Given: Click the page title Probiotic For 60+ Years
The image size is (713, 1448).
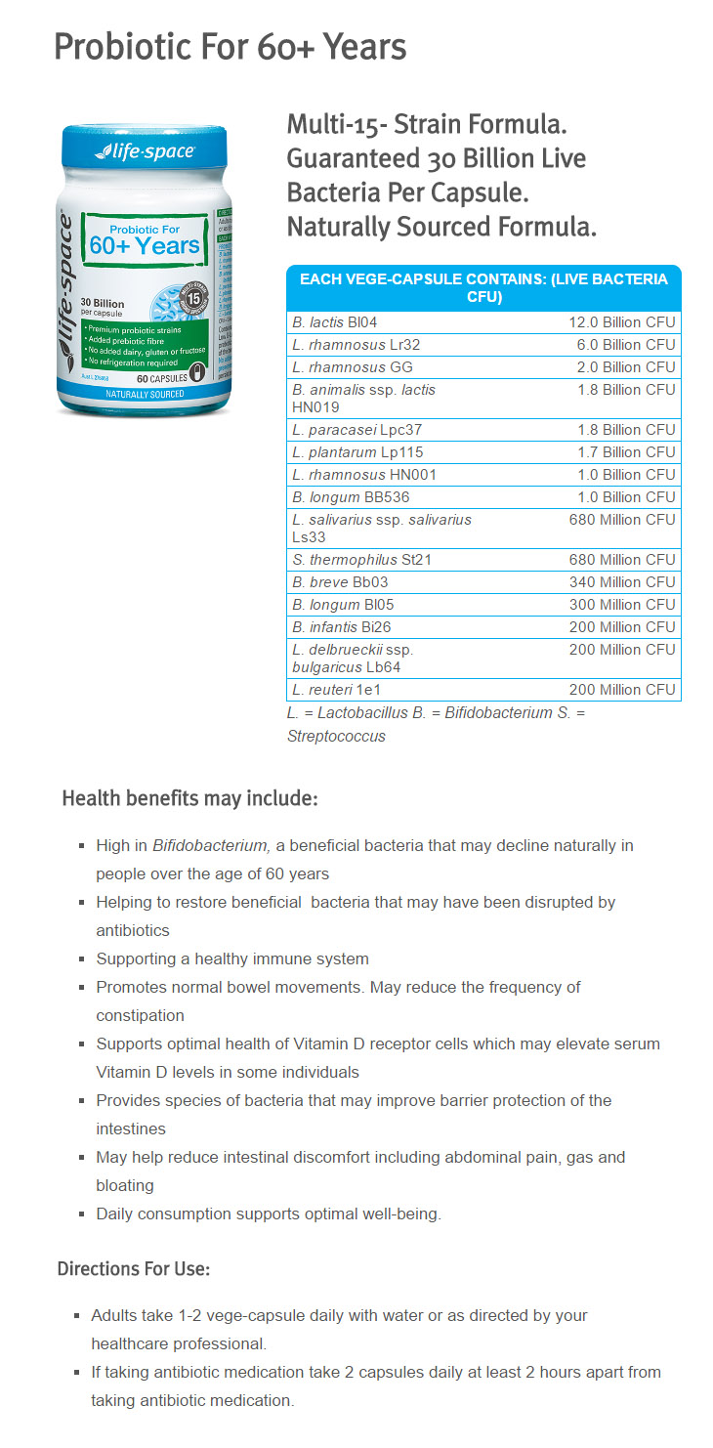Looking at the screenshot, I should (230, 46).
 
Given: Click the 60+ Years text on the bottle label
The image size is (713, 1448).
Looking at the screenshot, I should (145, 245).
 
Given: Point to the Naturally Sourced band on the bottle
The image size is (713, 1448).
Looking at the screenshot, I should (145, 393).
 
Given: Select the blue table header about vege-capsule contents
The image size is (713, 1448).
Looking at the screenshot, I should (483, 287).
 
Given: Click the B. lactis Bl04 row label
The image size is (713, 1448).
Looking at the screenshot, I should (334, 322).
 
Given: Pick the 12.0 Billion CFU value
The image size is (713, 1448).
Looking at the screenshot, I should (622, 322).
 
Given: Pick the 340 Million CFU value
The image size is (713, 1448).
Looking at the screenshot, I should (622, 582).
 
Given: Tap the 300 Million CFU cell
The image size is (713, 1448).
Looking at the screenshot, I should (622, 605).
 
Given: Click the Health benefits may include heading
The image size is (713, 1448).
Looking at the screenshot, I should (189, 798).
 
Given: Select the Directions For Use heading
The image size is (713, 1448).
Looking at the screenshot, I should (134, 1269).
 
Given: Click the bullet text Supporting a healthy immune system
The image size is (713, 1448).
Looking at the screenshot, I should (232, 958).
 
